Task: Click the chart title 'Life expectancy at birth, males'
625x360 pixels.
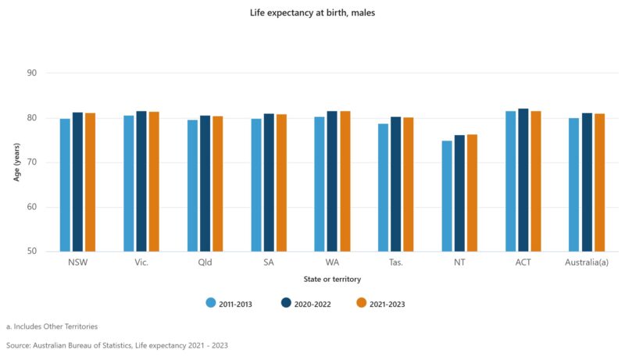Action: (x=312, y=12)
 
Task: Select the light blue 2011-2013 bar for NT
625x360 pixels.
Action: (x=447, y=196)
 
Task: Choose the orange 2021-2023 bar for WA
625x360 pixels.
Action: (x=345, y=181)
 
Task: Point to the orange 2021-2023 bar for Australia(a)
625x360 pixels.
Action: (x=599, y=183)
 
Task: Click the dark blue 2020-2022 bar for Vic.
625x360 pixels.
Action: (x=141, y=181)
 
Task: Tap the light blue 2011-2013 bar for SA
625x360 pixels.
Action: (x=255, y=185)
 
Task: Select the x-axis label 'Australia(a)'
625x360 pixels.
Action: (x=587, y=262)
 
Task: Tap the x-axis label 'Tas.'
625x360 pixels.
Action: (x=395, y=262)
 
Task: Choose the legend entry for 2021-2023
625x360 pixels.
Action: (x=380, y=304)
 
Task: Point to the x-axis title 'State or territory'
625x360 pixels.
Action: (x=332, y=279)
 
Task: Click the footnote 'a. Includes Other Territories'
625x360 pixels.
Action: (x=52, y=326)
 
